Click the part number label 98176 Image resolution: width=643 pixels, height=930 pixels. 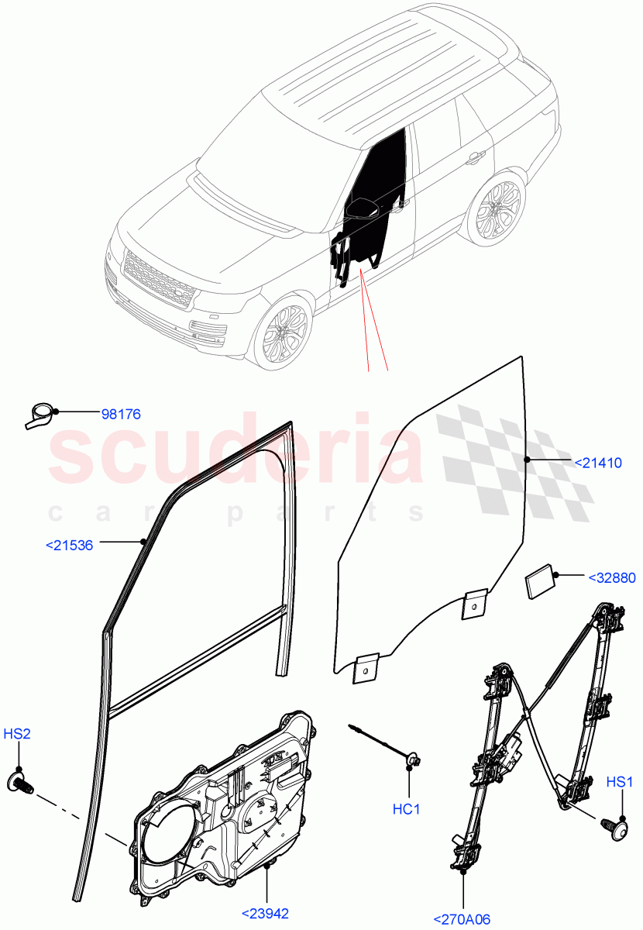pyautogui.click(x=121, y=414)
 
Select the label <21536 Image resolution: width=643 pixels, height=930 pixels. pyautogui.click(x=70, y=545)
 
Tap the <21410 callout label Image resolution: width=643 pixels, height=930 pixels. pyautogui.click(x=597, y=463)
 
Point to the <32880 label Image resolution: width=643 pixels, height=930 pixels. pyautogui.click(x=611, y=577)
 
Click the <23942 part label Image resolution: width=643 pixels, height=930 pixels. pyautogui.click(x=264, y=913)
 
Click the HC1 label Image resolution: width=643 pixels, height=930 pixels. pyautogui.click(x=406, y=810)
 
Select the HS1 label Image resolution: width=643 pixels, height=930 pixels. pyautogui.click(x=619, y=781)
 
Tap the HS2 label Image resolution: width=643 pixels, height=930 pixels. pyautogui.click(x=17, y=734)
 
